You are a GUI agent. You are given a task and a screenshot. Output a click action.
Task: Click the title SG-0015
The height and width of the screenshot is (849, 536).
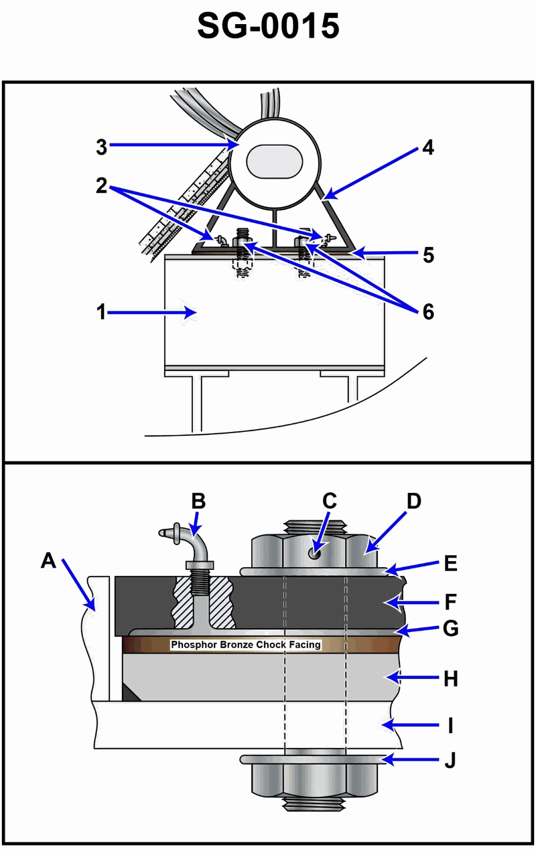pyautogui.click(x=268, y=27)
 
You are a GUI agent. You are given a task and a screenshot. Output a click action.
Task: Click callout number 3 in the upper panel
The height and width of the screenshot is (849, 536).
pyautogui.click(x=100, y=147)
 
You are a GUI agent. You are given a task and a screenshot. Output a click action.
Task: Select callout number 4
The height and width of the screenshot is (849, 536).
pyautogui.click(x=426, y=147)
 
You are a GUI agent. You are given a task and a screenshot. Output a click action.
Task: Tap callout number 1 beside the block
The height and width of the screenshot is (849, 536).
pyautogui.click(x=100, y=313)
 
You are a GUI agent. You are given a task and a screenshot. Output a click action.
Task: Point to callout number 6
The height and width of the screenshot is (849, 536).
pyautogui.click(x=426, y=311)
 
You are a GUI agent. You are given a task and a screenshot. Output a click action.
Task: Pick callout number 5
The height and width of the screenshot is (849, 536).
pyautogui.click(x=427, y=255)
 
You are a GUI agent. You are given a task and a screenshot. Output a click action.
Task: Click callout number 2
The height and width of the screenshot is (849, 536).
pyautogui.click(x=100, y=186)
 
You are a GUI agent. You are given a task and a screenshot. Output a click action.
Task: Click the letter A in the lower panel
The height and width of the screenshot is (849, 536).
pyautogui.click(x=48, y=560)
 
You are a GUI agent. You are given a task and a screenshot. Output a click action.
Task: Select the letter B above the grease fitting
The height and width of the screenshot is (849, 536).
pyautogui.click(x=198, y=500)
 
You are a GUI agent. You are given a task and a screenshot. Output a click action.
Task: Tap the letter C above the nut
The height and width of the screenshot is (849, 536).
pyautogui.click(x=329, y=500)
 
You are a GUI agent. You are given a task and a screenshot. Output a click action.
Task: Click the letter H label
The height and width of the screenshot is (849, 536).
pyautogui.click(x=450, y=678)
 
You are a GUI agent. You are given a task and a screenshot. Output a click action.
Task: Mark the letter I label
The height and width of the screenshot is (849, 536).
pyautogui.click(x=450, y=725)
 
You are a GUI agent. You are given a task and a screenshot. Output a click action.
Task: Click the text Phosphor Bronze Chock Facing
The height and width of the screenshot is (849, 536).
pyautogui.click(x=246, y=645)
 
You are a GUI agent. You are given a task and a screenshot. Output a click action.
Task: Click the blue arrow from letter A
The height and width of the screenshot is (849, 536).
pyautogui.click(x=77, y=583)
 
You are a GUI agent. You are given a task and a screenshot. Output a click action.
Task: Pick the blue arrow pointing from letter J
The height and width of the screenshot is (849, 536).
pyautogui.click(x=409, y=760)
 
